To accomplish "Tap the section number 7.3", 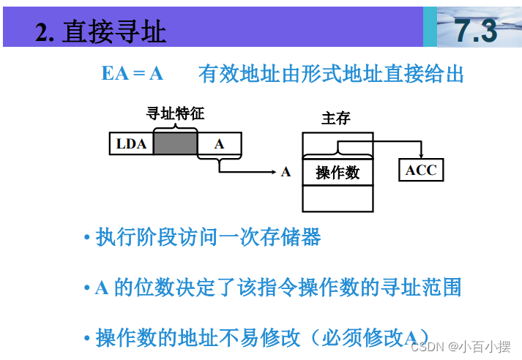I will (475, 31).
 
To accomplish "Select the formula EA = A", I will (133, 74).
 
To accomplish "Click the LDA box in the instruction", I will (131, 144).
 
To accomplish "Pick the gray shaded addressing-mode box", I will (176, 144).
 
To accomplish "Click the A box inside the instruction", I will (220, 144).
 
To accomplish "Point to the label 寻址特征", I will (176, 113).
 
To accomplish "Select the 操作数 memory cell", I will (338, 172).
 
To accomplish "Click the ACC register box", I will (421, 170).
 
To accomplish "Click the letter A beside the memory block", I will (286, 173).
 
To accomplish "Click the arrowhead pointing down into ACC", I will (421, 155).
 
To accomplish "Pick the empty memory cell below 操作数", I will (338, 198).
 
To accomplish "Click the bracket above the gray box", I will (176, 127).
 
